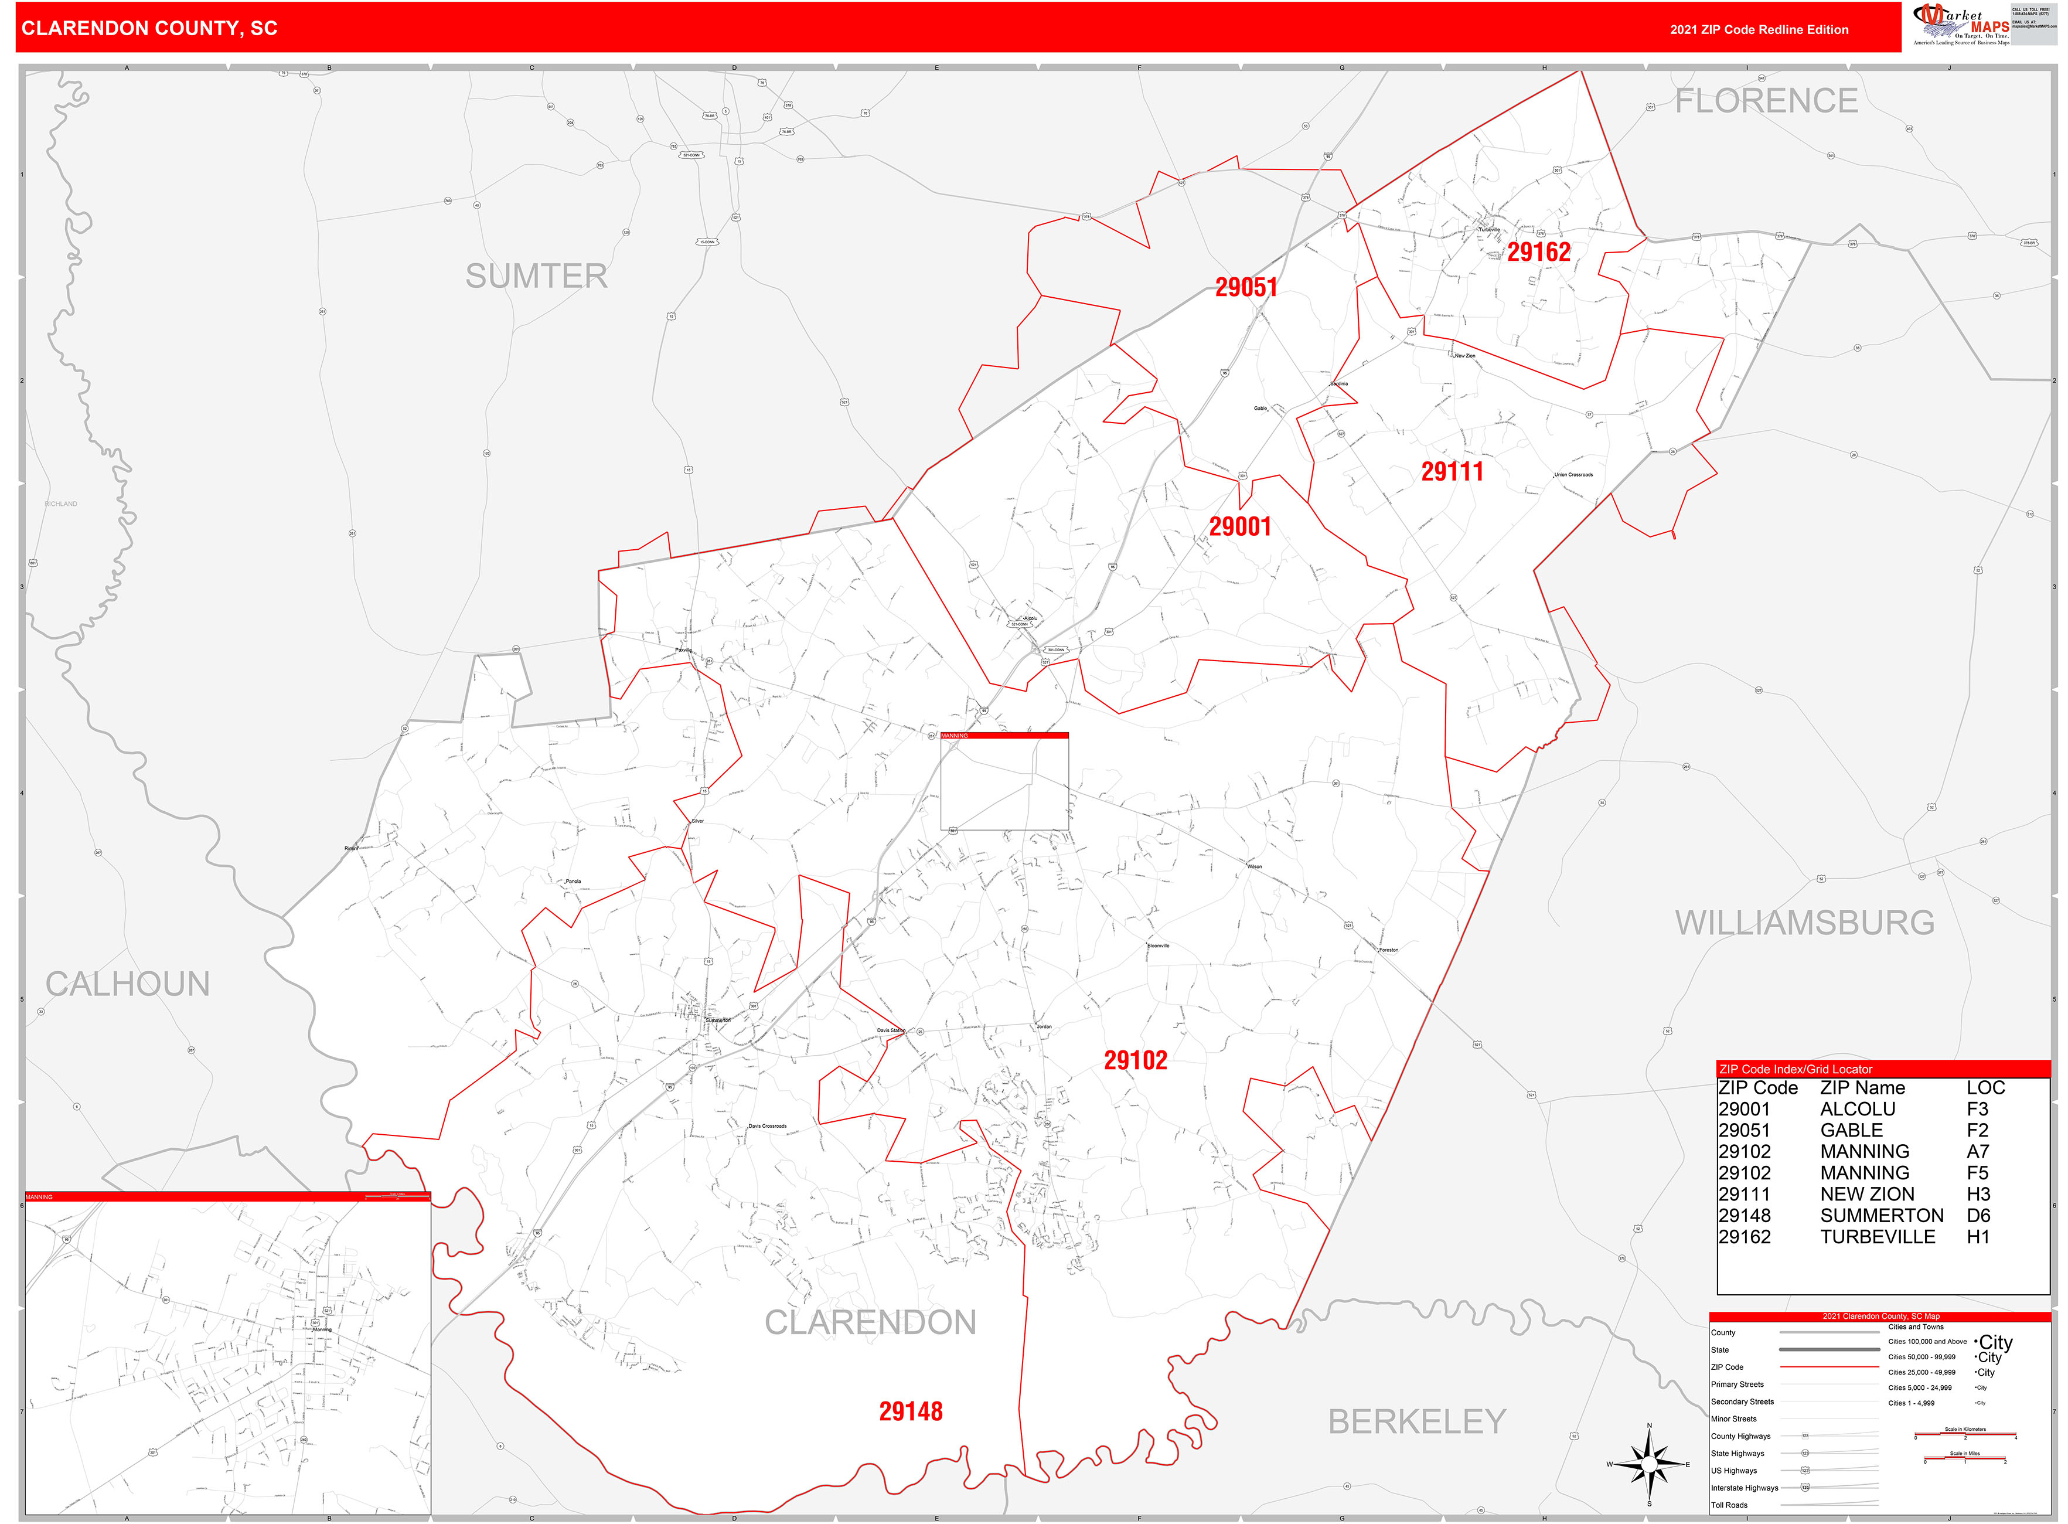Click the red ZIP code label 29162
pyautogui.click(x=1538, y=252)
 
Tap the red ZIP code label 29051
pyautogui.click(x=1245, y=287)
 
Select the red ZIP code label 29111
pyautogui.click(x=1452, y=472)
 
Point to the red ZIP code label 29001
pyautogui.click(x=1240, y=527)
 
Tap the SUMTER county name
pyautogui.click(x=536, y=276)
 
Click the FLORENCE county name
pyautogui.click(x=1766, y=101)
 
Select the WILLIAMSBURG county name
pyautogui.click(x=1804, y=923)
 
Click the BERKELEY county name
pyautogui.click(x=1417, y=1421)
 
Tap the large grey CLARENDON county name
pyautogui.click(x=870, y=1322)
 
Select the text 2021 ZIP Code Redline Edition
pyautogui.click(x=1758, y=29)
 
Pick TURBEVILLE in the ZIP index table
pyautogui.click(x=1877, y=1237)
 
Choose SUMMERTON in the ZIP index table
pyautogui.click(x=1880, y=1216)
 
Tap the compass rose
pyautogui.click(x=1649, y=1464)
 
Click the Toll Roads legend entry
pyautogui.click(x=1729, y=1505)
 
